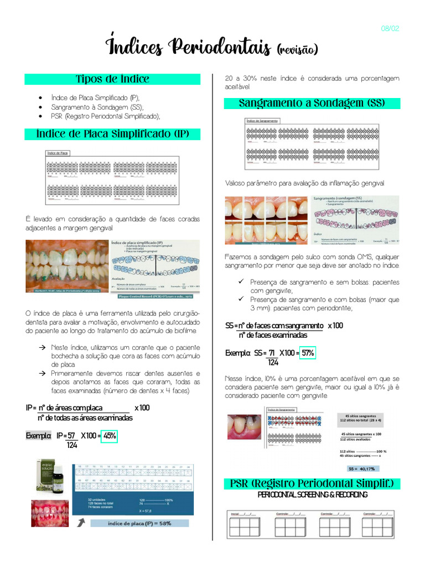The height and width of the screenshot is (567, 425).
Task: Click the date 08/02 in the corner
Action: (390, 29)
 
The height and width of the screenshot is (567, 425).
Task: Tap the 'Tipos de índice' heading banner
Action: (112, 79)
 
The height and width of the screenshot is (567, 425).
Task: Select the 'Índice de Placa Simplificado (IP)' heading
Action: (112, 134)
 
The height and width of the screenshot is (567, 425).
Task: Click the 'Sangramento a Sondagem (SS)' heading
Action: (312, 104)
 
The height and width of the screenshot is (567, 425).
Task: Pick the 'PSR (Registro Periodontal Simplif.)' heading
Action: (312, 484)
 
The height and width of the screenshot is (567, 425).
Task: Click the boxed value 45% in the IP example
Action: (110, 436)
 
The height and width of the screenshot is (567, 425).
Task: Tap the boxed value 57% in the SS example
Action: (308, 353)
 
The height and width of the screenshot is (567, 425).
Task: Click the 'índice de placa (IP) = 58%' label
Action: (139, 522)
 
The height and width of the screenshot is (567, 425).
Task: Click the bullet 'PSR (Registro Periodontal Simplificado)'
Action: (105, 116)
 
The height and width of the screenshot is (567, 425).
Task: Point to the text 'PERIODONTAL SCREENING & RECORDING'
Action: (312, 494)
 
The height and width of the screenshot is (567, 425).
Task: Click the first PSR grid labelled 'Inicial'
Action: (244, 524)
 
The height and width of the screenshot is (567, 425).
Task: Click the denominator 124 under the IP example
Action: (72, 445)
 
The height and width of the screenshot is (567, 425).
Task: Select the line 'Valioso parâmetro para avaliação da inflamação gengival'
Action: (304, 183)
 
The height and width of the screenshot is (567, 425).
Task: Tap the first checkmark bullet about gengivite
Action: (241, 282)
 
